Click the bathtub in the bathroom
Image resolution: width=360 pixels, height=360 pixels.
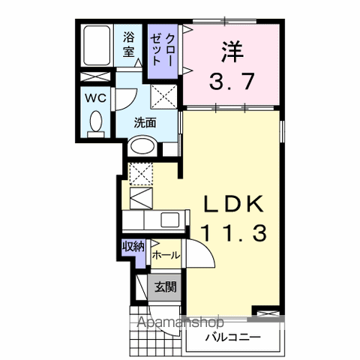point(97,45)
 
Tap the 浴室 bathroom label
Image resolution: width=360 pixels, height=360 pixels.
point(129,45)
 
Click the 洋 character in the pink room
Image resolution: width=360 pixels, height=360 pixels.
point(232,52)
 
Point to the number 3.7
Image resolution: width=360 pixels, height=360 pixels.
point(232,81)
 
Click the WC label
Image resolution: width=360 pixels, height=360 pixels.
point(96,98)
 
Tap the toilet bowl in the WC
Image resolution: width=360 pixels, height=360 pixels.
point(96,121)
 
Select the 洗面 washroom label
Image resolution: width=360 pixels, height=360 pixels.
point(145,122)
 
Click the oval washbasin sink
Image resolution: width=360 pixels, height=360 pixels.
point(142,146)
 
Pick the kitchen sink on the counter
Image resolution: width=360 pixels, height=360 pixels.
point(169,220)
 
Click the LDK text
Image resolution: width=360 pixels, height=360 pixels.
point(234,204)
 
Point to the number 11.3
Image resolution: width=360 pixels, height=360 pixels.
point(235,232)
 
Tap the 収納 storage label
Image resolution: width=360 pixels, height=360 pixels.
point(133,247)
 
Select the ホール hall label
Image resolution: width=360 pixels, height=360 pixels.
point(166,255)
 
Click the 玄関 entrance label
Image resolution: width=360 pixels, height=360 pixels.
point(166,286)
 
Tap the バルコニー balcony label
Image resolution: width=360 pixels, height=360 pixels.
point(233,337)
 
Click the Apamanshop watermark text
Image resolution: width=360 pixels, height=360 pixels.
point(181,322)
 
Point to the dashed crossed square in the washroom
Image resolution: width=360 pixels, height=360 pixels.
point(163,97)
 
